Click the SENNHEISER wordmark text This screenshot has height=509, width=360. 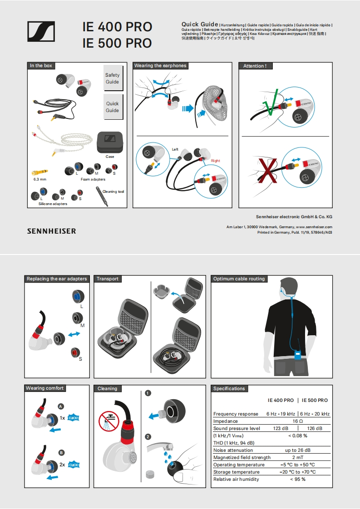point(51,231)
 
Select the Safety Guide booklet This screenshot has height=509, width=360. point(112,78)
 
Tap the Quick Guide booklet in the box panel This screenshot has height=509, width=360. point(112,107)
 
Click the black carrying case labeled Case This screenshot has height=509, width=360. point(110,142)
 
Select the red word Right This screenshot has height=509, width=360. point(215,161)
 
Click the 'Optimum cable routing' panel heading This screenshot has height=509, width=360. point(239,279)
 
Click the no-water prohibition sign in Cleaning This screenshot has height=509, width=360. point(108,421)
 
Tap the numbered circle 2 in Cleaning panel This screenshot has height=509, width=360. point(148,437)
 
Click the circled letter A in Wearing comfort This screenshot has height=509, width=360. point(61,406)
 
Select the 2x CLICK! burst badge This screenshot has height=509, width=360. point(74,465)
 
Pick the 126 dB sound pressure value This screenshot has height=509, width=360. point(315,428)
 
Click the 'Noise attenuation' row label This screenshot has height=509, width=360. point(233,450)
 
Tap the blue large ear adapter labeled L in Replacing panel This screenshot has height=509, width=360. point(77,297)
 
